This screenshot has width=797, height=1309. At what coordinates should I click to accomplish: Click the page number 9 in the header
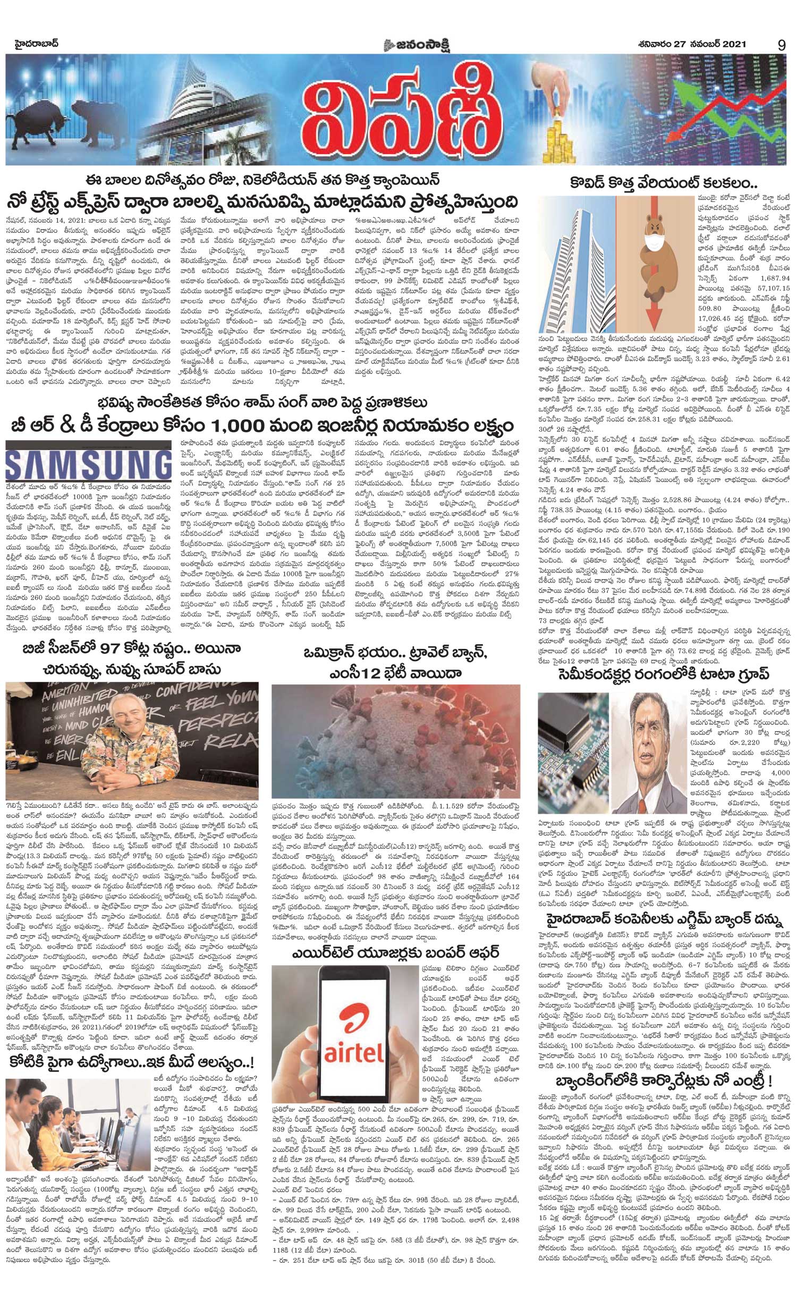click(781, 45)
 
